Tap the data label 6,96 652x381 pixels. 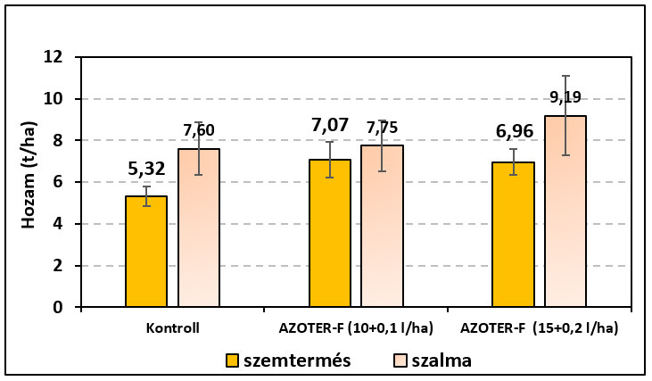(513, 133)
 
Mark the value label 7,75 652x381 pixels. (382, 128)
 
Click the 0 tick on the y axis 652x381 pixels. (58, 307)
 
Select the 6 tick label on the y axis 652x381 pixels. (58, 182)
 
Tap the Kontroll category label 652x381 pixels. (172, 327)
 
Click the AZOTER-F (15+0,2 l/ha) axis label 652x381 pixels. (540, 327)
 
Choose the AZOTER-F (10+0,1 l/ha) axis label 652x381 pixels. (356, 327)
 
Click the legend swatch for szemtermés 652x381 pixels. (234, 361)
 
